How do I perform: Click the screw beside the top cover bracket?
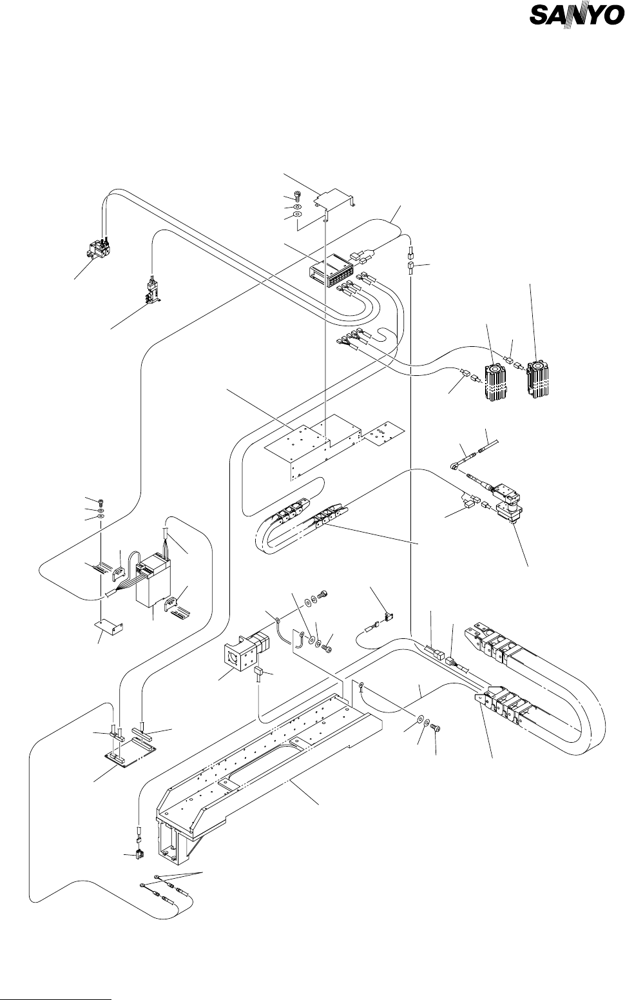[298, 195]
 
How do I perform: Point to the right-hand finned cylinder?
[537, 379]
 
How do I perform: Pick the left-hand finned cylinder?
[495, 382]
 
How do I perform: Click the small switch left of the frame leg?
[139, 854]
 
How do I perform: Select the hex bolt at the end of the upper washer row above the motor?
[324, 594]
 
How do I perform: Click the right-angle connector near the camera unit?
[455, 466]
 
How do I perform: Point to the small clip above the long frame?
[387, 617]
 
